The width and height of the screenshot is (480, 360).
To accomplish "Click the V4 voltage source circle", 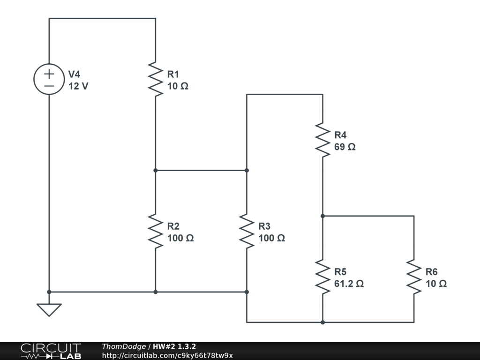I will (x=49, y=79).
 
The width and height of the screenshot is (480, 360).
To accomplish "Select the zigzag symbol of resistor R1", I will (x=155, y=79).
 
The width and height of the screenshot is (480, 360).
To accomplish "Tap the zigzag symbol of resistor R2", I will (x=155, y=231).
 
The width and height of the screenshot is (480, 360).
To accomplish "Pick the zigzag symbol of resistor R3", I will (x=247, y=231).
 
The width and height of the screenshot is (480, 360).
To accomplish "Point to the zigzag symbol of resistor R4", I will (x=322, y=140).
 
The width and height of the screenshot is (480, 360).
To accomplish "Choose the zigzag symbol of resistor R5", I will (x=322, y=277).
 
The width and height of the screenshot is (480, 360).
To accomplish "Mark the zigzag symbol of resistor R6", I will (x=413, y=277).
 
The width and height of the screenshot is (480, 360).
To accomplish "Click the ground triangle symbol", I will (x=49, y=309).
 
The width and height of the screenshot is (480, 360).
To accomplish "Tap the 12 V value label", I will (x=78, y=86).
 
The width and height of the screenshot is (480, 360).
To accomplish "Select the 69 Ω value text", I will (x=345, y=147).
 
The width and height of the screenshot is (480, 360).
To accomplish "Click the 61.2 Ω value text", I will (x=349, y=284).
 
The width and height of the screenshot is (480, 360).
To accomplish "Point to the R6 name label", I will (x=431, y=272).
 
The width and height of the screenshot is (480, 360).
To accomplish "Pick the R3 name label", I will (x=264, y=226).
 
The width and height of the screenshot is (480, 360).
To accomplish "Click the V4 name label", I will (x=74, y=74).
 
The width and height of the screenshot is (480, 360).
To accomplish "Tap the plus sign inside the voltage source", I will (x=49, y=73).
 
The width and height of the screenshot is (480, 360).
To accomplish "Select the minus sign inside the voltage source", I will (x=49, y=86).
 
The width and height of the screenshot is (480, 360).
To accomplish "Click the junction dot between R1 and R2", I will (x=155, y=170).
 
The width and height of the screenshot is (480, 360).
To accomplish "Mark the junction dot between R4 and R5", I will (x=322, y=216).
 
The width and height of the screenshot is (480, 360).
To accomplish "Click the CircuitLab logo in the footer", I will (x=51, y=351).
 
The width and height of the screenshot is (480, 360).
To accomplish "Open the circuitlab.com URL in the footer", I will (x=167, y=355).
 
